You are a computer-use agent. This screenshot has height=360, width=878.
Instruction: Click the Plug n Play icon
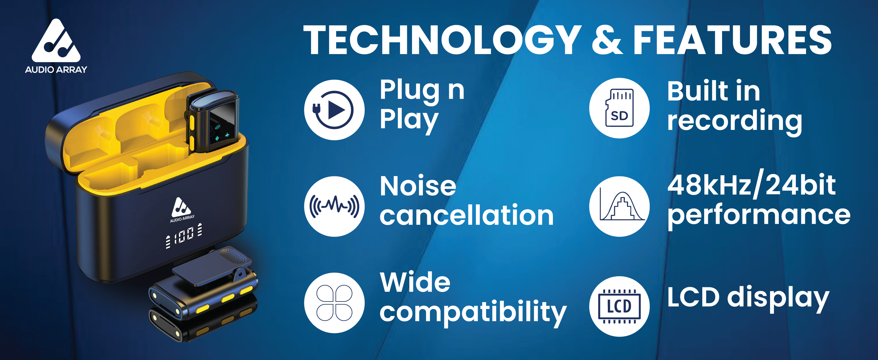(334, 110)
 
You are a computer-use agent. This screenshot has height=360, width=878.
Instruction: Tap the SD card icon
(619, 108)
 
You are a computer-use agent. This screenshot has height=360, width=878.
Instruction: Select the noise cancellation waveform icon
(334, 206)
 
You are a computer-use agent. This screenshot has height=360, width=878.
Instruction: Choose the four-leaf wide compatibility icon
(334, 303)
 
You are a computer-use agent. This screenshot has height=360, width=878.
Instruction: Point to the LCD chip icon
(619, 306)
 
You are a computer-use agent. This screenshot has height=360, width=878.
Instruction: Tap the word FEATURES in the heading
(733, 40)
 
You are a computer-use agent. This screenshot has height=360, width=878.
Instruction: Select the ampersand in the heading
(608, 40)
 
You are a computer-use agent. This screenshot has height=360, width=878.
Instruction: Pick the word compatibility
(473, 312)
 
